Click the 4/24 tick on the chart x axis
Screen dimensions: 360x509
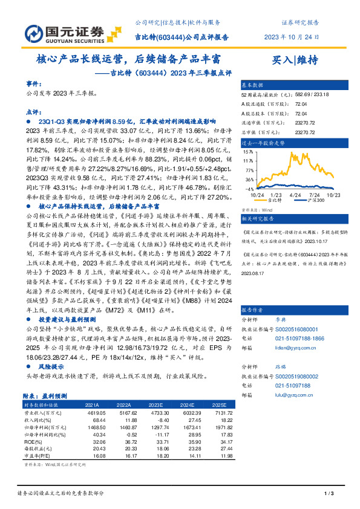tap(295, 195)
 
